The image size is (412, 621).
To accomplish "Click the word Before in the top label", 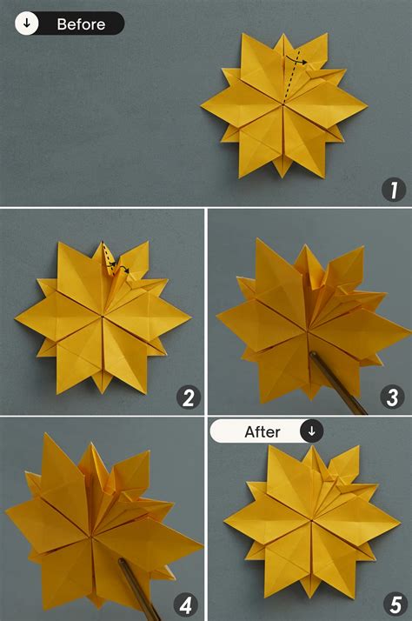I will coord(81,24).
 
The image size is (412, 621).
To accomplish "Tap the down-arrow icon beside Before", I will coord(27,24).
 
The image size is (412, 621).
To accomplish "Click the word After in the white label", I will coord(262,431).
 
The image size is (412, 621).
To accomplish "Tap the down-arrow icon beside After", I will coord(311,431).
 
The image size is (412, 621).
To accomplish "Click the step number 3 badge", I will coord(394,398).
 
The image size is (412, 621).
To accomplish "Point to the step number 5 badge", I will coord(394,603).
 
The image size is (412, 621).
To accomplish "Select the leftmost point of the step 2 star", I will coord(16,323).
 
